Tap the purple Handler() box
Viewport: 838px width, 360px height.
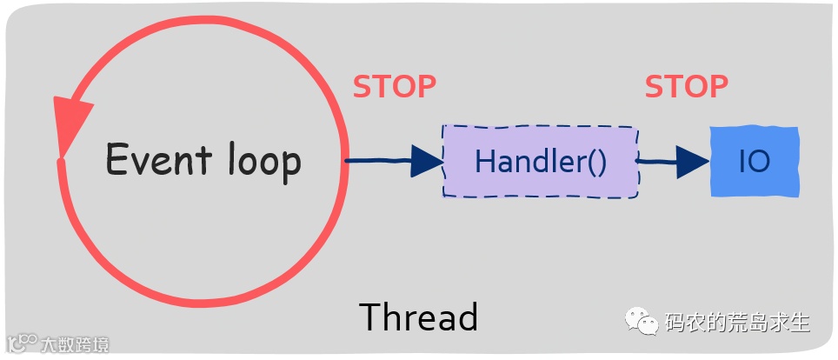[540, 162]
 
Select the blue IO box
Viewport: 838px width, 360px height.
[754, 161]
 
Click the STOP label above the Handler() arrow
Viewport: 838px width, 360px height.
[394, 87]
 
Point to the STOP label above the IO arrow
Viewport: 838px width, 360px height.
[686, 87]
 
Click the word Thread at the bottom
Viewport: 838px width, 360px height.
[418, 317]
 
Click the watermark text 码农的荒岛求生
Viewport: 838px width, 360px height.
[737, 323]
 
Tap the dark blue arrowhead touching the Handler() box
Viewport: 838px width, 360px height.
[427, 160]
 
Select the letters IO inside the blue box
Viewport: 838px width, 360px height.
[754, 162]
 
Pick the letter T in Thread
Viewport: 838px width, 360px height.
[369, 317]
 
